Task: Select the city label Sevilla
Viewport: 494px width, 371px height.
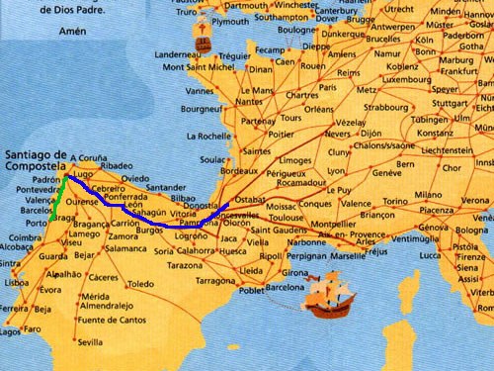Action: (x=89, y=342)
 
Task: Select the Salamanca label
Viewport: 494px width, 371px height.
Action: (x=132, y=249)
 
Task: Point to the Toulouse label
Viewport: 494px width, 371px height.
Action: (x=287, y=217)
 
